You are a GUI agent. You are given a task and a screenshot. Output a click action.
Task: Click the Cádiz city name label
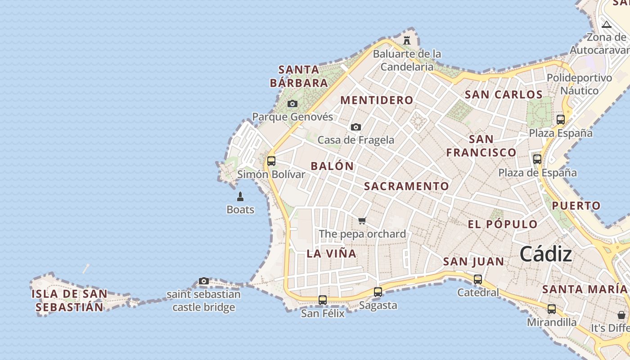pos(546,255)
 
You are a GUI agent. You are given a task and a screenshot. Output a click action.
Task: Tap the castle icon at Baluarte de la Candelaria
pos(407,40)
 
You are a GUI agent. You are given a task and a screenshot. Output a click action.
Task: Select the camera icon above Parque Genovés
pos(292,104)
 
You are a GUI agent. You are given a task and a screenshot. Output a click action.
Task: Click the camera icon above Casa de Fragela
pos(356,127)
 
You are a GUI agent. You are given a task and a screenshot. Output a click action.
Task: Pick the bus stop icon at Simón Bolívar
pos(271,161)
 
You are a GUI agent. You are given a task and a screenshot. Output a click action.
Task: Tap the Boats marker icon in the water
pos(240,197)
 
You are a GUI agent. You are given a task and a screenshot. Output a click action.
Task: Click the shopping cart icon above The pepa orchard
pos(362,220)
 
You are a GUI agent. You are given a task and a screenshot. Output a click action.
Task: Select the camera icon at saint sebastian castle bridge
pos(204,281)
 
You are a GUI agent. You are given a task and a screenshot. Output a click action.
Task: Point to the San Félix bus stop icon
pos(323,300)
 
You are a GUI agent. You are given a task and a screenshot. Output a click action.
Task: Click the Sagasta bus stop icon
pos(378,292)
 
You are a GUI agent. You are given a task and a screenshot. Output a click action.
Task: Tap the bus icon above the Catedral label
pos(478,279)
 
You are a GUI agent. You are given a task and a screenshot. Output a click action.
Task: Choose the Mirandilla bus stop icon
pos(552,309)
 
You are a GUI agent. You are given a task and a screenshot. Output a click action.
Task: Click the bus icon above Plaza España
pos(561,120)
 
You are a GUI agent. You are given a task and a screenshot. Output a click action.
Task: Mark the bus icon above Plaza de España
pos(537,159)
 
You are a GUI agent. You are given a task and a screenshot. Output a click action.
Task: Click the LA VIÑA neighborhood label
pos(332,254)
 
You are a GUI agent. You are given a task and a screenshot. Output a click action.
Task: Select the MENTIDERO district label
pos(377,100)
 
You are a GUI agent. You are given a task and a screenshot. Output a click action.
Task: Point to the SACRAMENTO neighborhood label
pos(406,186)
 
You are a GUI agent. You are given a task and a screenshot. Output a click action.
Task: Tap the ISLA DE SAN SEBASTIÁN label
pos(70,301)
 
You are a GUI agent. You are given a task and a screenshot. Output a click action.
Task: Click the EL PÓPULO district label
pos(503,225)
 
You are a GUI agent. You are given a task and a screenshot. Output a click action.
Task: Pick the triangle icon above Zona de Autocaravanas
pos(607,25)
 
